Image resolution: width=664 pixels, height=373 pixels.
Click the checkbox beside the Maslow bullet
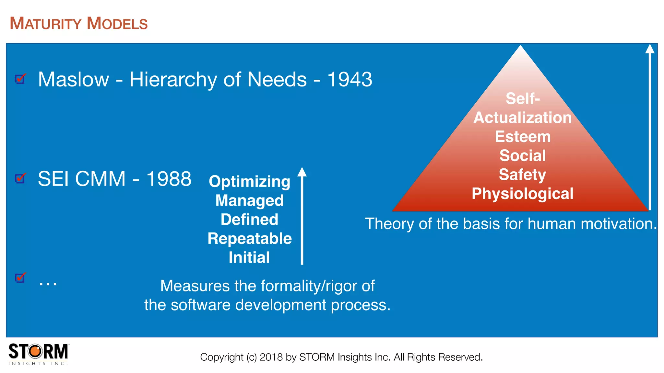coord(20,79)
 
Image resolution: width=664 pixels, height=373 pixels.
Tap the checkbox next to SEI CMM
coord(20,178)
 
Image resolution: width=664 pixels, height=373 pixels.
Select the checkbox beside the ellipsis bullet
coord(20,278)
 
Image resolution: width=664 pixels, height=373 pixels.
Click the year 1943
coord(350,79)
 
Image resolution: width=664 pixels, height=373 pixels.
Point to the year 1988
coord(169,179)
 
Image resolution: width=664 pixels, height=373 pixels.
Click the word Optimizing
coord(249,181)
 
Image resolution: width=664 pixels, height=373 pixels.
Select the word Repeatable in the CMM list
coord(249,239)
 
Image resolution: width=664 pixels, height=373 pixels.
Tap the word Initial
coord(249,258)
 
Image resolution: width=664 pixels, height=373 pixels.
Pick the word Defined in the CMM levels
coord(249,220)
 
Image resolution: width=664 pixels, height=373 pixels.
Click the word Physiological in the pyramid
coord(522,194)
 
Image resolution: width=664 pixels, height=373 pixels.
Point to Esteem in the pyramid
coord(523,137)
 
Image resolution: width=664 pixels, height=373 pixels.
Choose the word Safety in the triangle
coord(522,175)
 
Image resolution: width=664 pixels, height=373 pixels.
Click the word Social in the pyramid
coord(523,155)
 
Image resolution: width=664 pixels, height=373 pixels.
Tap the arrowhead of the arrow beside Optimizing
coord(302,172)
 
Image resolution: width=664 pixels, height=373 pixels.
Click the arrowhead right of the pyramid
coord(650,49)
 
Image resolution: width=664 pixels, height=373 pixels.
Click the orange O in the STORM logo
coord(36,351)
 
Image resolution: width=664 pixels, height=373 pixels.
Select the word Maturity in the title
coord(45,24)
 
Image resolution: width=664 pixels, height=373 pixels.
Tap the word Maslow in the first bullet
coord(74,79)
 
